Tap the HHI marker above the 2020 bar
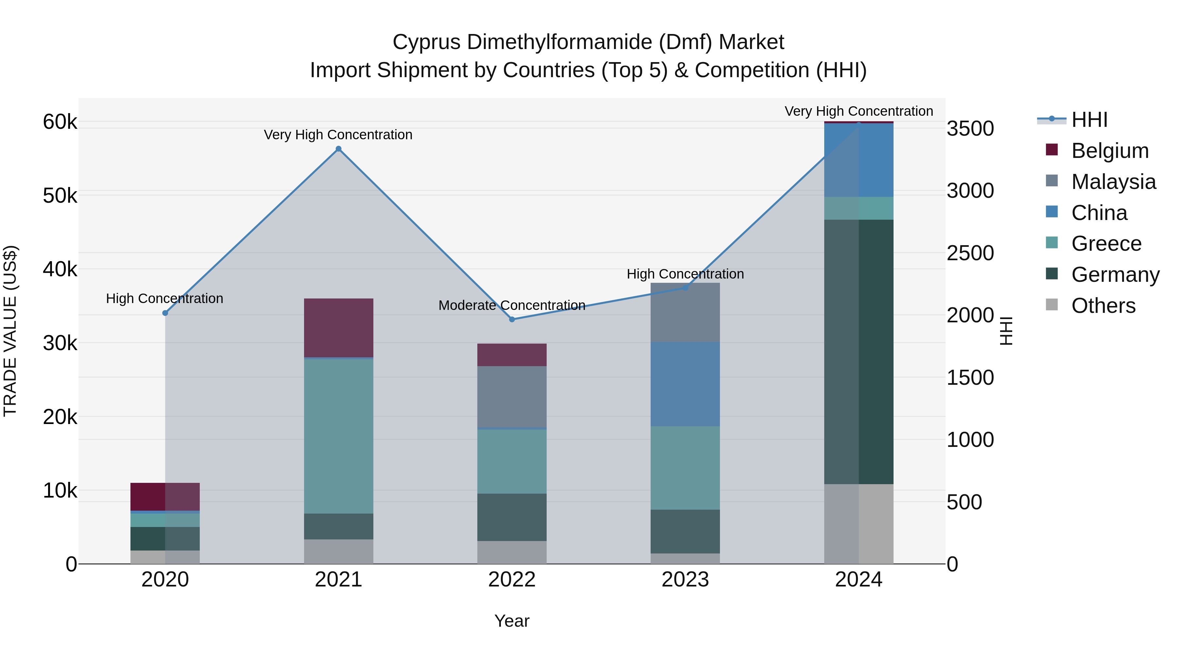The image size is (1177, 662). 165,313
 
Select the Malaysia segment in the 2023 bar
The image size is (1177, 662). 685,313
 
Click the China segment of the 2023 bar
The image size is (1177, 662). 685,384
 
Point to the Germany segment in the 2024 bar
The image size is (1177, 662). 859,351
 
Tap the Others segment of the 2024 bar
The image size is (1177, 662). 859,524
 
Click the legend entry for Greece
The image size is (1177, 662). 1106,244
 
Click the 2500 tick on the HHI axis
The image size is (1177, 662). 970,253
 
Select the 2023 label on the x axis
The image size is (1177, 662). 685,580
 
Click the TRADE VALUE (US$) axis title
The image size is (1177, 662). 10,331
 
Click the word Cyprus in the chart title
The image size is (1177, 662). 426,42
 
